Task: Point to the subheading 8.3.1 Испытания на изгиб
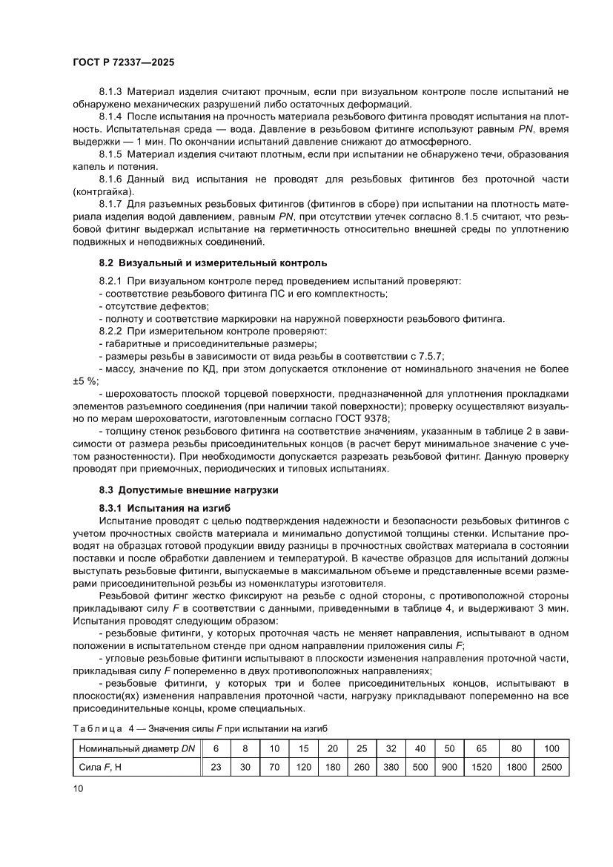point(165,508)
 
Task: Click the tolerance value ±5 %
point(85,380)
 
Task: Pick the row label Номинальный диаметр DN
point(136,749)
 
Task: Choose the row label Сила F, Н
point(100,767)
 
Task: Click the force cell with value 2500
point(551,767)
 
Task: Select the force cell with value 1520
point(480,767)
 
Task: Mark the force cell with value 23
point(216,767)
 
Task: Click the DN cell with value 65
point(480,749)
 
